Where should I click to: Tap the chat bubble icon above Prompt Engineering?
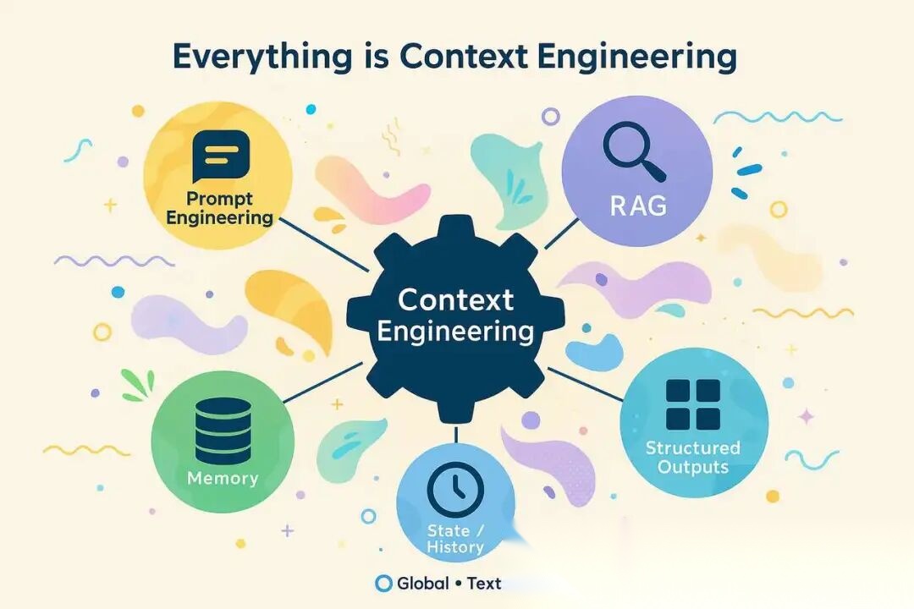click(221, 156)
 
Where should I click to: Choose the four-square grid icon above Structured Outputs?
click(693, 404)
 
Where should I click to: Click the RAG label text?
click(639, 206)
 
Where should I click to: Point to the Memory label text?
click(223, 478)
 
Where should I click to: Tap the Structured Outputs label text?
click(693, 457)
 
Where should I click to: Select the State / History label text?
click(455, 538)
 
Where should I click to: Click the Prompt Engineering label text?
click(219, 208)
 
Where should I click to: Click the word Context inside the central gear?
click(455, 299)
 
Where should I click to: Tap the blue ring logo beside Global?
click(383, 583)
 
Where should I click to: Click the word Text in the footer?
click(483, 583)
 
